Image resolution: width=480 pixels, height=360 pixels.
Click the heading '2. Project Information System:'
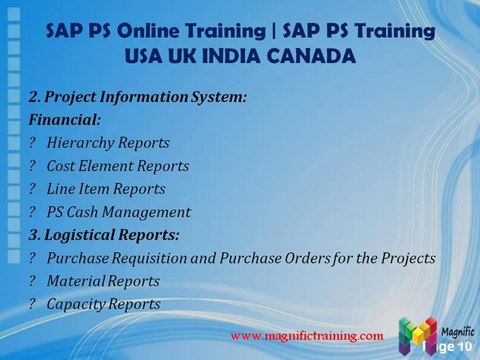pyautogui.click(x=137, y=97)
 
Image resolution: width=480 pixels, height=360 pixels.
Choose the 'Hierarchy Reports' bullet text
pyautogui.click(x=108, y=143)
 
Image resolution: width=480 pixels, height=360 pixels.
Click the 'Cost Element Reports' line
pyautogui.click(x=118, y=166)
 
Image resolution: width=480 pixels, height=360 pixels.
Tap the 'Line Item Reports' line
pyautogui.click(x=106, y=189)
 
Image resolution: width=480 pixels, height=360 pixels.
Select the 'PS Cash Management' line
pyautogui.click(x=118, y=212)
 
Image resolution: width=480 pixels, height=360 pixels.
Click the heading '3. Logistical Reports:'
pyautogui.click(x=104, y=235)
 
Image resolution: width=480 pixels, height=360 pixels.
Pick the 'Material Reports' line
pyautogui.click(x=103, y=281)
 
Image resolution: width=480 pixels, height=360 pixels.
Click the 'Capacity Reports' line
pyautogui.click(x=103, y=304)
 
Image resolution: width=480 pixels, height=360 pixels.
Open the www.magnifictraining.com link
pyautogui.click(x=307, y=335)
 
